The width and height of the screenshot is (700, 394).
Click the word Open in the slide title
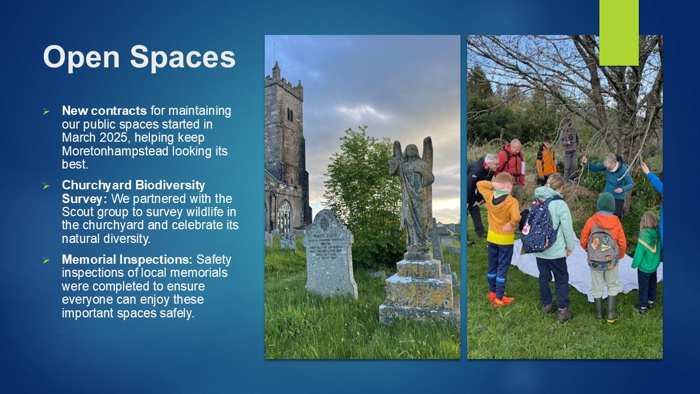click(81, 57)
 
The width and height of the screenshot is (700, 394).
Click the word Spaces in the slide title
click(183, 57)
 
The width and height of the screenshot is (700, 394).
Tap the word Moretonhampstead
click(115, 151)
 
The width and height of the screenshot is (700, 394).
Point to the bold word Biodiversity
click(170, 186)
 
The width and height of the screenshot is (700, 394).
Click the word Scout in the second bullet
click(78, 212)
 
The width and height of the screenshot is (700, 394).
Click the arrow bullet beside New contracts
click(46, 111)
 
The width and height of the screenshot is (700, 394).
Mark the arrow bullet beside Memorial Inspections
click(46, 260)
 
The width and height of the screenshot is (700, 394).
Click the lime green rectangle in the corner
click(619, 32)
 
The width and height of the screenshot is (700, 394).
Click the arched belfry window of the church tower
click(290, 115)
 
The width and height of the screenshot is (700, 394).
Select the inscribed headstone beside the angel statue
click(329, 254)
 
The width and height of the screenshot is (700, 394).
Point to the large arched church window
click(284, 216)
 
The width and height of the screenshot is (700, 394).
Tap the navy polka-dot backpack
click(539, 224)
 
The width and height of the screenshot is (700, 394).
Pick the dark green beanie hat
click(605, 202)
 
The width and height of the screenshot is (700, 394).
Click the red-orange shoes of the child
click(501, 299)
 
